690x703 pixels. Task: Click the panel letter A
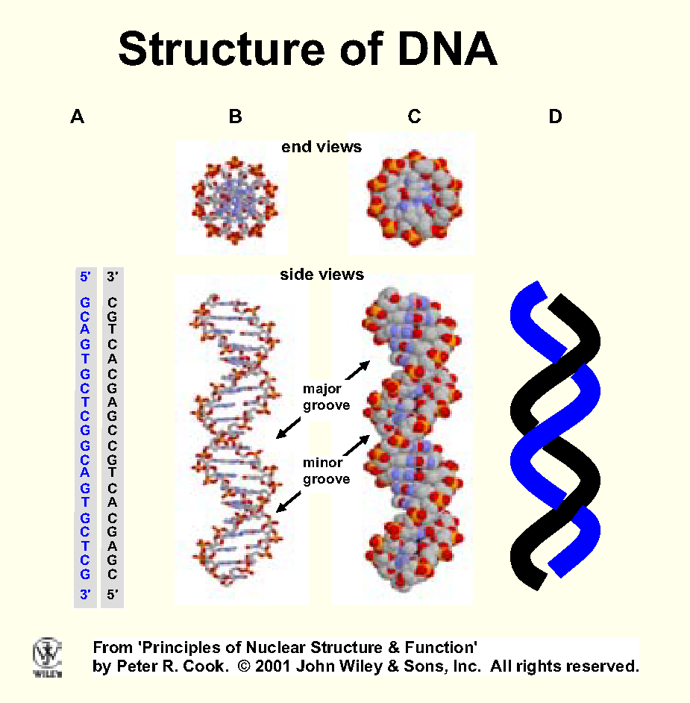pyautogui.click(x=77, y=116)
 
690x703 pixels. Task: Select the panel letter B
pyautogui.click(x=236, y=116)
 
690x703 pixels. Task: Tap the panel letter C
pyautogui.click(x=415, y=116)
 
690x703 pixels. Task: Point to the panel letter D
pyautogui.click(x=555, y=116)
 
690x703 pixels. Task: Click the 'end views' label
pyautogui.click(x=322, y=147)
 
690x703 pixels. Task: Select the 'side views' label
pyautogui.click(x=322, y=275)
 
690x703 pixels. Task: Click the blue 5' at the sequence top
pyautogui.click(x=85, y=276)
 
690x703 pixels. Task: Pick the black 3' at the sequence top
pyautogui.click(x=113, y=276)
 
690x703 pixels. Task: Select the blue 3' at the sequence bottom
pyautogui.click(x=85, y=595)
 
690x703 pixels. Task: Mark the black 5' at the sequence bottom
pyautogui.click(x=113, y=595)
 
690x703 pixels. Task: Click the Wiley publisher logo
pyautogui.click(x=47, y=657)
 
